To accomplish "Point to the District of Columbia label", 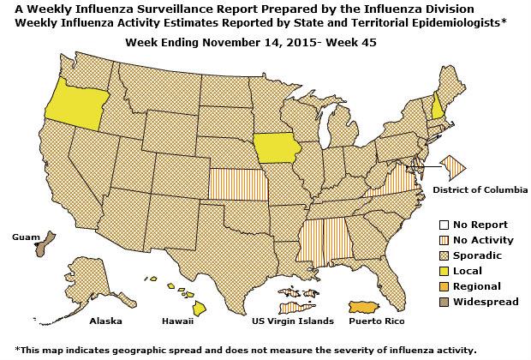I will point(480,189).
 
